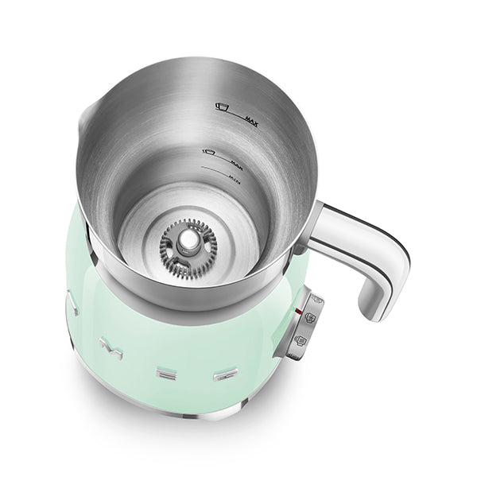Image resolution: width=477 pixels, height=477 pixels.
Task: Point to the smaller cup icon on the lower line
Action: pos(210,151)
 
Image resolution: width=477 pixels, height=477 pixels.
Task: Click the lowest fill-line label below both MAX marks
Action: pos(236,180)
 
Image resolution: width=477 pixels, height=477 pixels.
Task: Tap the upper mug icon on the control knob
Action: pos(310,316)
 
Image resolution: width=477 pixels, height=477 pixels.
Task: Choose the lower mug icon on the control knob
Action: pos(300,341)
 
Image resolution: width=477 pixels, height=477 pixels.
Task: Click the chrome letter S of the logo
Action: pos(71,304)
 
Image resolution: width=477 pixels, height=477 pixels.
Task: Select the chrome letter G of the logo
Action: pos(225,372)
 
